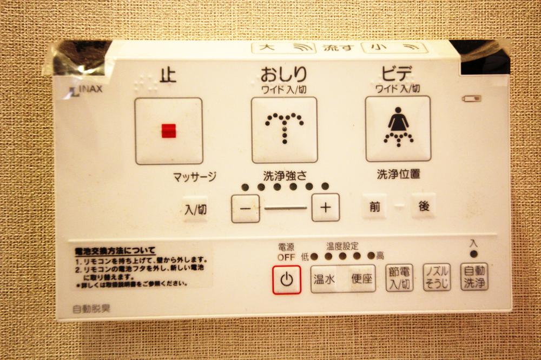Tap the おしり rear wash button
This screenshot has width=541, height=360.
[284, 130]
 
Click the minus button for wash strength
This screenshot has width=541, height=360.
[246, 208]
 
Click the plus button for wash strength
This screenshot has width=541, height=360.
[326, 208]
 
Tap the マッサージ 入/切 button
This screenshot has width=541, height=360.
[195, 209]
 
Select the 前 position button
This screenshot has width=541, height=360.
[374, 206]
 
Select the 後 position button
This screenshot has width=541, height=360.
[423, 206]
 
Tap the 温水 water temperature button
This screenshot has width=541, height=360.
[324, 279]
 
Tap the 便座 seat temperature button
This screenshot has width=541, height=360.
[361, 279]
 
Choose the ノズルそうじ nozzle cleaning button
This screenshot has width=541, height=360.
[437, 277]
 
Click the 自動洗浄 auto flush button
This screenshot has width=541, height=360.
[474, 277]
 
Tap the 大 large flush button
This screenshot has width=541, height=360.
[283, 48]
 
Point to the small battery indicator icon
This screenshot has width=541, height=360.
[471, 98]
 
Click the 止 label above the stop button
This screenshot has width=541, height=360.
[168, 75]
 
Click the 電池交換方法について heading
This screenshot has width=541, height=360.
[115, 250]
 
